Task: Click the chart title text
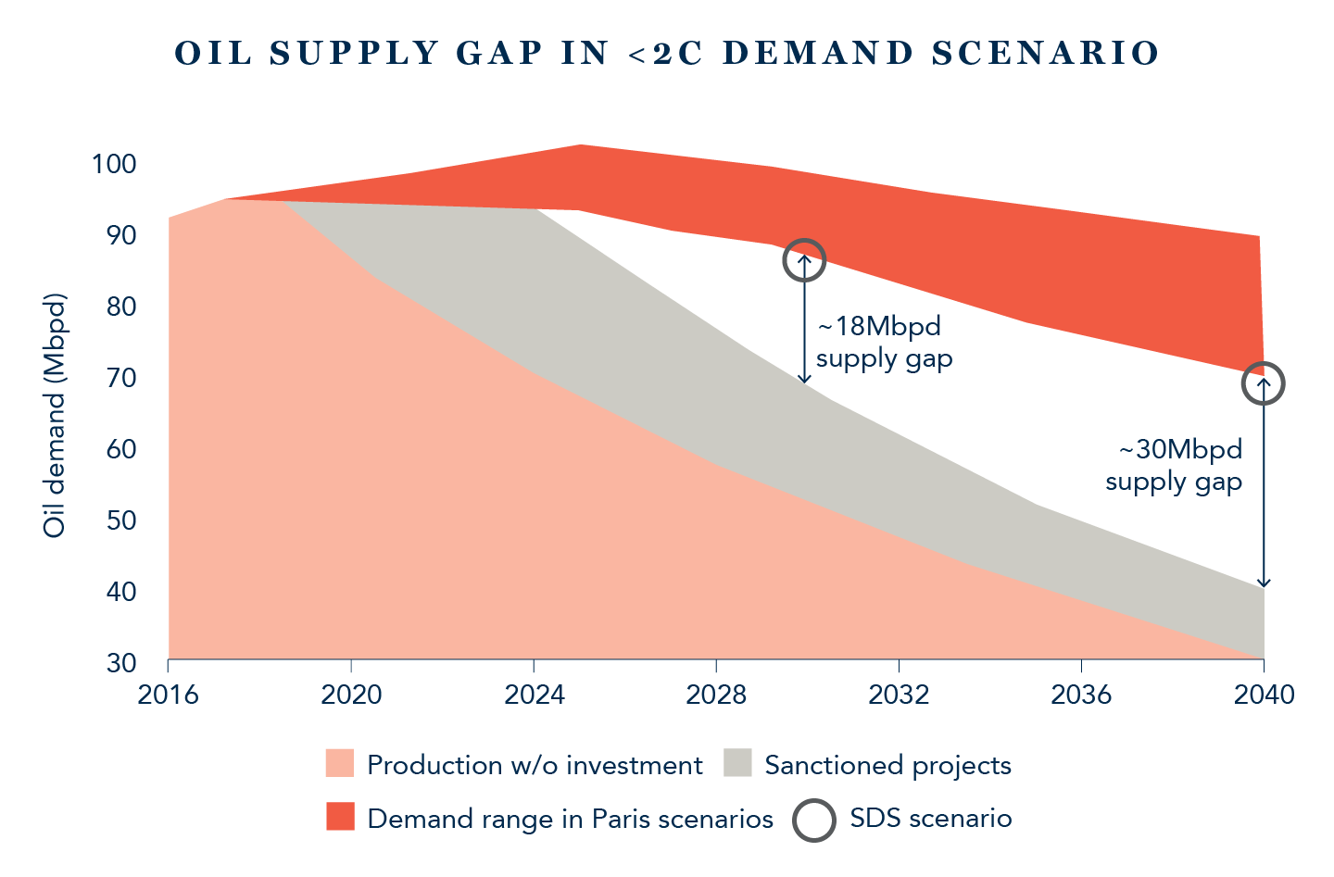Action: (x=667, y=53)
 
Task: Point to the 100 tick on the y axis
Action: (x=114, y=165)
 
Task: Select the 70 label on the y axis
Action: (x=121, y=378)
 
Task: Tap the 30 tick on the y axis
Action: (x=121, y=663)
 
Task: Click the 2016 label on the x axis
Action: (x=168, y=695)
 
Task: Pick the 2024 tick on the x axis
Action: (x=534, y=695)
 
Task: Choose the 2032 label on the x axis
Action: (x=899, y=695)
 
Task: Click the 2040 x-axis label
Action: (x=1264, y=695)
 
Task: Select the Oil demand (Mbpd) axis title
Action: (x=55, y=416)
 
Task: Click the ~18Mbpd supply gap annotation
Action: (x=884, y=343)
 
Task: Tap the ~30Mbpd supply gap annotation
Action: (x=1174, y=466)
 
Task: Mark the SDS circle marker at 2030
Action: (x=804, y=260)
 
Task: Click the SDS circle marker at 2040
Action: (x=1263, y=383)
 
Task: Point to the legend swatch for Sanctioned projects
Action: (x=738, y=764)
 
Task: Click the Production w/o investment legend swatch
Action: (x=340, y=764)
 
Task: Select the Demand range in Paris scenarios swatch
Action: (x=340, y=818)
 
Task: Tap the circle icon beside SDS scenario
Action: (x=814, y=819)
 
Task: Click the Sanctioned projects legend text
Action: (x=887, y=765)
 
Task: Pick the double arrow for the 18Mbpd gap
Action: (x=804, y=319)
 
